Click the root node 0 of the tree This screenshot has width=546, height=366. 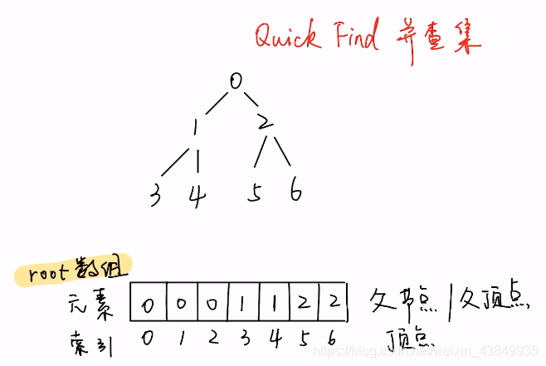[236, 82]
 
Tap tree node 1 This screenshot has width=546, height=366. [195, 127]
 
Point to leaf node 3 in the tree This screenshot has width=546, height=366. [155, 197]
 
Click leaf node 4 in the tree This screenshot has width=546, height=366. [196, 198]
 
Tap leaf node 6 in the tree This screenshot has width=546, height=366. [296, 193]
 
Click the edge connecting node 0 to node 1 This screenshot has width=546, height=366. [215, 104]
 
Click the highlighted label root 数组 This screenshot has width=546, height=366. [76, 273]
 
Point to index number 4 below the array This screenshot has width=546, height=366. [273, 339]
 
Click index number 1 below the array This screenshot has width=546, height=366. [181, 339]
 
